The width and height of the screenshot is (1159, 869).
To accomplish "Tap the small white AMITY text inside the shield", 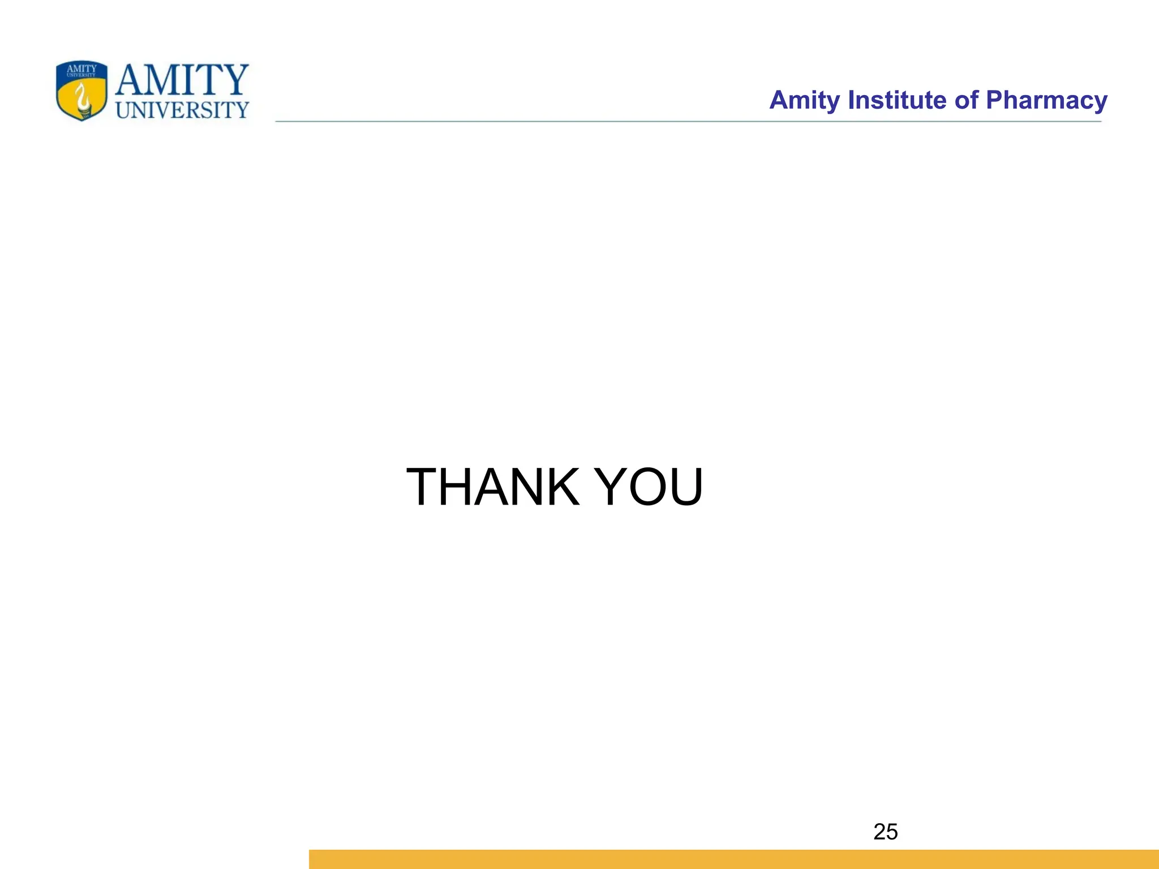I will click(82, 69).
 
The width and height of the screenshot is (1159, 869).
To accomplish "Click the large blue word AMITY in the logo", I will click(182, 80).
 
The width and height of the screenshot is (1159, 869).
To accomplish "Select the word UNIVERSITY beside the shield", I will click(182, 110).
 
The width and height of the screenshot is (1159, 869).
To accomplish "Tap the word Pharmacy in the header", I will click(1046, 100).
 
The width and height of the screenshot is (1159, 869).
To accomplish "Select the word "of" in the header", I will click(966, 100).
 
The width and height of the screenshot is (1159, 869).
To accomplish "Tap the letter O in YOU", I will click(650, 487).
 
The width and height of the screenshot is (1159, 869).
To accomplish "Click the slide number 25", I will click(885, 832).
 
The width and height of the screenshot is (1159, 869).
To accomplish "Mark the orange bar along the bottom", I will click(733, 859).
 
